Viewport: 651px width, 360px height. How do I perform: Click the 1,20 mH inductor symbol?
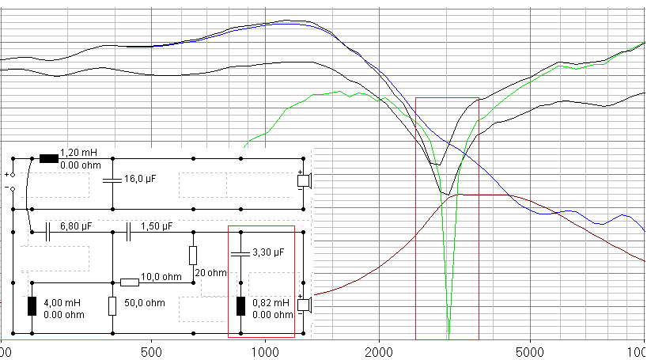49,158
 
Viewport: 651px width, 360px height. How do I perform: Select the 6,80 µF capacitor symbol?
49,231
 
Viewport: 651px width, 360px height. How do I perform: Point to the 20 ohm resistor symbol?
192,255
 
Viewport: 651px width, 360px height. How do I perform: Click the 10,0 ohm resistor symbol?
130,282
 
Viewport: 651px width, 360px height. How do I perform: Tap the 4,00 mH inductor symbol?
32,306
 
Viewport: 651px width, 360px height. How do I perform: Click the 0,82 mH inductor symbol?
240,306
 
